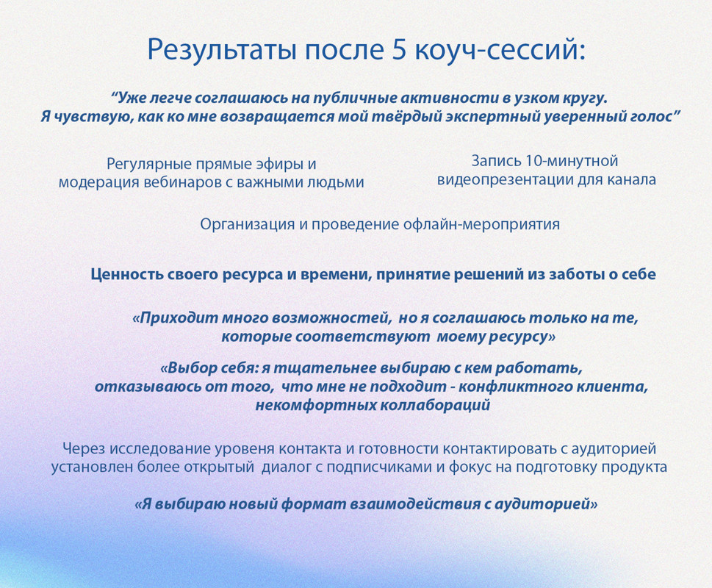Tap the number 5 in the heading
coord(398,49)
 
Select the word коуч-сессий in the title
coord(500,50)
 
